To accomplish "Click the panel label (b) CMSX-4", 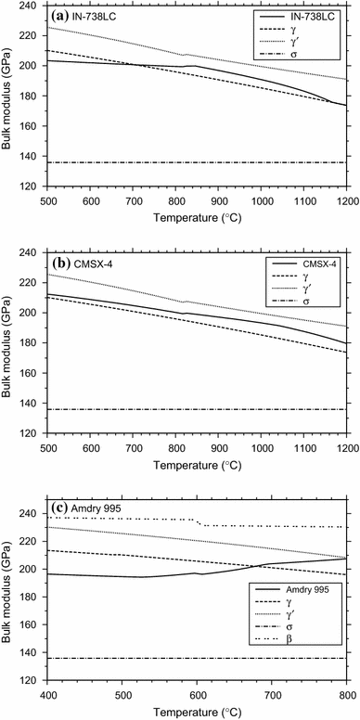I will click(x=74, y=263).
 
